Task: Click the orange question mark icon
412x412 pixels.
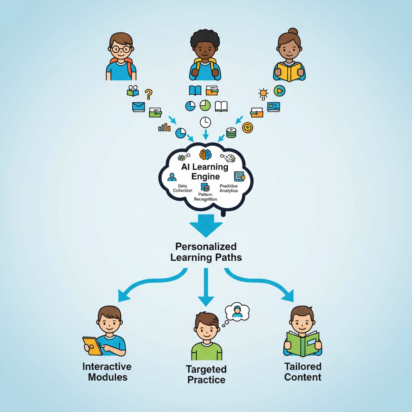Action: pos(148,94)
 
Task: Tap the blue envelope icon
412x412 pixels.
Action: pos(138,107)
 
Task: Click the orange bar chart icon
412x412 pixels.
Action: pos(164,128)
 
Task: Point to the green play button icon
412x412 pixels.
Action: pos(279,91)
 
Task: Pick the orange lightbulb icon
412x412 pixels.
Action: pos(264,94)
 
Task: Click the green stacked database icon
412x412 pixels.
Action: pos(231,132)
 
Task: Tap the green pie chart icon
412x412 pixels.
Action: pos(205,105)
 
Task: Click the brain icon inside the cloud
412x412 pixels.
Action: pos(206,154)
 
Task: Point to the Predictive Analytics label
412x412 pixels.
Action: pos(229,188)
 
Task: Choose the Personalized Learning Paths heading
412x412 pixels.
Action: pos(206,252)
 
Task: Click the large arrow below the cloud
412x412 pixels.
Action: pos(206,226)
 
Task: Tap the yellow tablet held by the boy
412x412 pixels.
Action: pos(93,345)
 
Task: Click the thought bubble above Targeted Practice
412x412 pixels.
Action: pos(237,312)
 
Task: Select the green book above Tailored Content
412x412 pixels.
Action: pos(303,343)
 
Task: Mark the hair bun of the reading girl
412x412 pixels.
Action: pos(293,31)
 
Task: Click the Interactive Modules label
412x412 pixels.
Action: pos(107,372)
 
